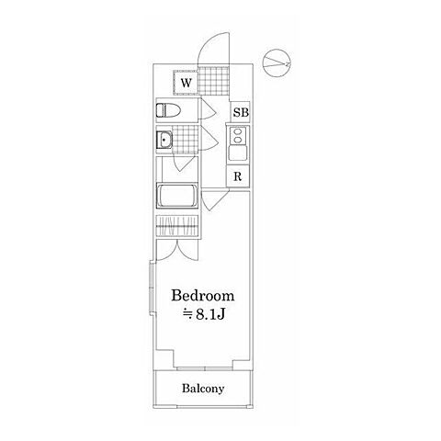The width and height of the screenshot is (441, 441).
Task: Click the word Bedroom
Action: [x=203, y=296]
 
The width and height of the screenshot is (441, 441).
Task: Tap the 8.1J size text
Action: [x=204, y=314]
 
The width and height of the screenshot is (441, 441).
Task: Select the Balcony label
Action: [x=203, y=389]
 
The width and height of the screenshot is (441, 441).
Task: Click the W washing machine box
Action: [x=186, y=83]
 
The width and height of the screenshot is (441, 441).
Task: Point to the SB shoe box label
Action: [x=241, y=113]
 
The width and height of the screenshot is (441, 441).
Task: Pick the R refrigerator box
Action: [x=238, y=176]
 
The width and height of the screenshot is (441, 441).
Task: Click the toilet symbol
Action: [x=168, y=110]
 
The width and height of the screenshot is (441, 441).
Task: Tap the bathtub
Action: [x=177, y=196]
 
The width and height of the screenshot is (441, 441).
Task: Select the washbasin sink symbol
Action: [x=164, y=140]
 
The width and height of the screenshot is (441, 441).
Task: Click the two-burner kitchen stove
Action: [x=238, y=136]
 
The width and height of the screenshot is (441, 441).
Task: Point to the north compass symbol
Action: [x=277, y=62]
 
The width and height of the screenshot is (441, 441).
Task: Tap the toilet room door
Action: [x=208, y=109]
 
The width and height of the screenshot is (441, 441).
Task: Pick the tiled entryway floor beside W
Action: [x=213, y=81]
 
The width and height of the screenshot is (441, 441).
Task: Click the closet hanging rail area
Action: [x=177, y=226]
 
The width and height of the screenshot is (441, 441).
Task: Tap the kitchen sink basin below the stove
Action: [x=238, y=153]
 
